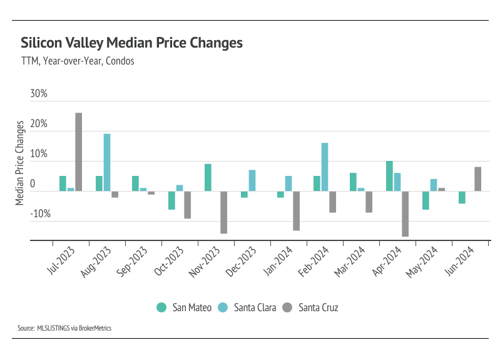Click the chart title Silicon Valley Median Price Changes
click(x=131, y=43)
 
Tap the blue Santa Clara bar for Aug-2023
click(x=107, y=162)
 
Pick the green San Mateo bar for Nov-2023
click(x=208, y=177)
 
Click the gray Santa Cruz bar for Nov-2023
click(x=223, y=212)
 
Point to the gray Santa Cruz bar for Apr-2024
click(x=405, y=213)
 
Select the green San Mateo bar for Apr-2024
click(x=389, y=176)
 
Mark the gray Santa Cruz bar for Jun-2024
click(x=477, y=179)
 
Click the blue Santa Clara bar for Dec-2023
click(x=252, y=180)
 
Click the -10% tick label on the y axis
click(x=38, y=214)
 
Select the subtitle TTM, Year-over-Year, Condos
click(x=77, y=62)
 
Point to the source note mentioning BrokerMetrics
click(x=64, y=328)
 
